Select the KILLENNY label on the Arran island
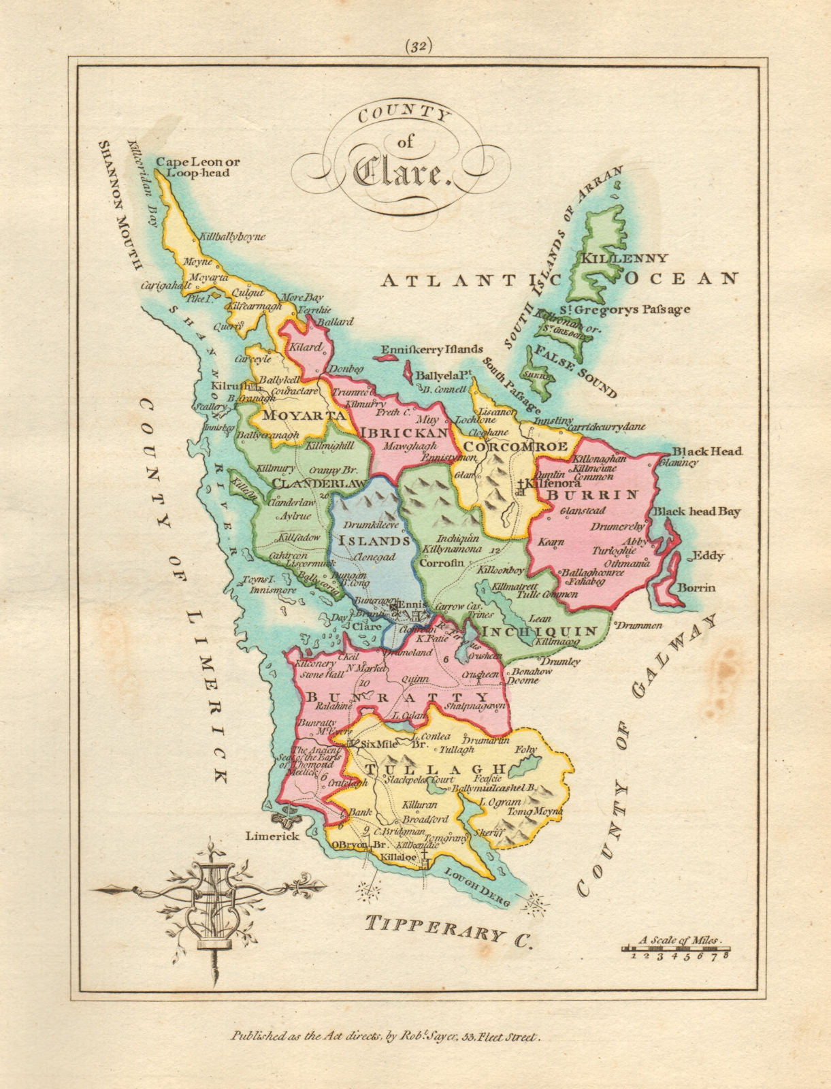click(623, 259)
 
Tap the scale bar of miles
click(677, 947)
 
